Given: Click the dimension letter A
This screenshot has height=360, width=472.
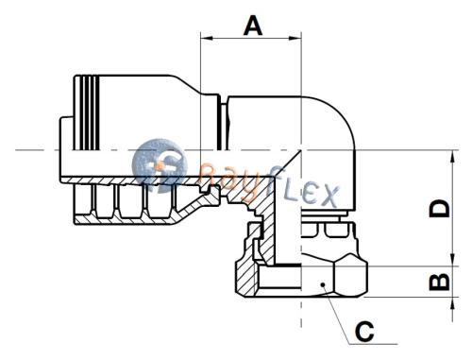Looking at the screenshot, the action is [x=253, y=26].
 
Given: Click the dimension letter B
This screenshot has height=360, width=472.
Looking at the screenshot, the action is [x=440, y=282].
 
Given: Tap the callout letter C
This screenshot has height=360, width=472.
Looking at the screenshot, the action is [x=365, y=332].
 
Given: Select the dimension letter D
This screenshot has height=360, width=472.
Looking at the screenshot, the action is [x=440, y=209].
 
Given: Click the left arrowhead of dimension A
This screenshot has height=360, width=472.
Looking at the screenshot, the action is [x=206, y=38].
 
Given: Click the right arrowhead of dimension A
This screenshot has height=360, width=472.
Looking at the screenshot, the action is [x=295, y=38].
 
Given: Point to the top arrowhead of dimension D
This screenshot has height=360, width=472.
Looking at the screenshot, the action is [x=453, y=157].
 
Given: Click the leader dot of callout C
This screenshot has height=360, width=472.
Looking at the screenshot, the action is [x=323, y=284].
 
